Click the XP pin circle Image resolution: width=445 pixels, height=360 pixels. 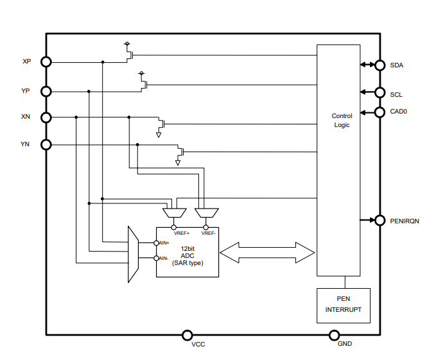[x=46, y=62]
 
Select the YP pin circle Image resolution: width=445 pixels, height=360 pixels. [x=46, y=91]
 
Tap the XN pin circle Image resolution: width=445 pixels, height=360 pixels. [x=46, y=117]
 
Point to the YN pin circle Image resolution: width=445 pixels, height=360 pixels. [x=46, y=144]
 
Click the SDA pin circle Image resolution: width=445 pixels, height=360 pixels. [x=380, y=65]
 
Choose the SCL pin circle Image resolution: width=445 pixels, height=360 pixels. [x=380, y=92]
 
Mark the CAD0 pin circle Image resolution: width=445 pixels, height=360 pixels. [x=380, y=112]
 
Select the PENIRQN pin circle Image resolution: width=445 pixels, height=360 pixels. [x=380, y=220]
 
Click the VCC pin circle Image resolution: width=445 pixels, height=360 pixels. [x=188, y=335]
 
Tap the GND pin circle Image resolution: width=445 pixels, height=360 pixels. [x=334, y=335]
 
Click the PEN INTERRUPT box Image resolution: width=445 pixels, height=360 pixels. [x=343, y=305]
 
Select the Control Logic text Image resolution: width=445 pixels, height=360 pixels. [x=342, y=121]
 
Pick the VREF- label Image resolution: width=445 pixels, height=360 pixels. [x=208, y=233]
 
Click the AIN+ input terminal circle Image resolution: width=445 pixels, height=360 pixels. [x=156, y=243]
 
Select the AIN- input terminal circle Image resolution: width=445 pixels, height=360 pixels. [x=156, y=258]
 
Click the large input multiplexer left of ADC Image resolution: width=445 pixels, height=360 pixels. [x=134, y=253]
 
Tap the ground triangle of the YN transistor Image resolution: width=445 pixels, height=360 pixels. [x=178, y=162]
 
